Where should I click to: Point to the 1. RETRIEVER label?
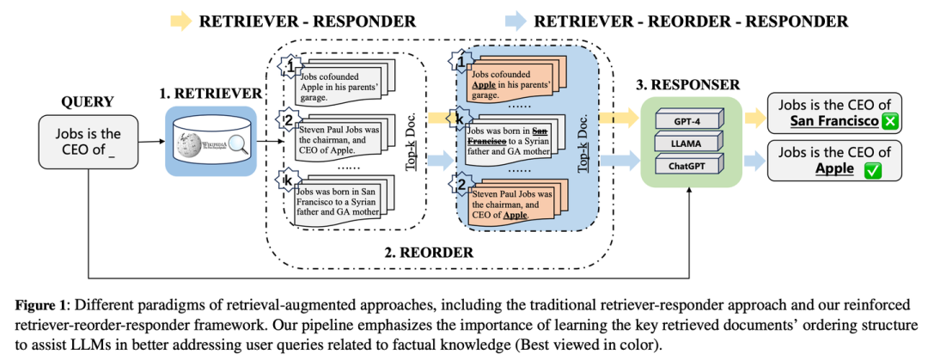213,92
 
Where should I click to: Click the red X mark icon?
889,122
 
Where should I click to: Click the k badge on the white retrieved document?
287,181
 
